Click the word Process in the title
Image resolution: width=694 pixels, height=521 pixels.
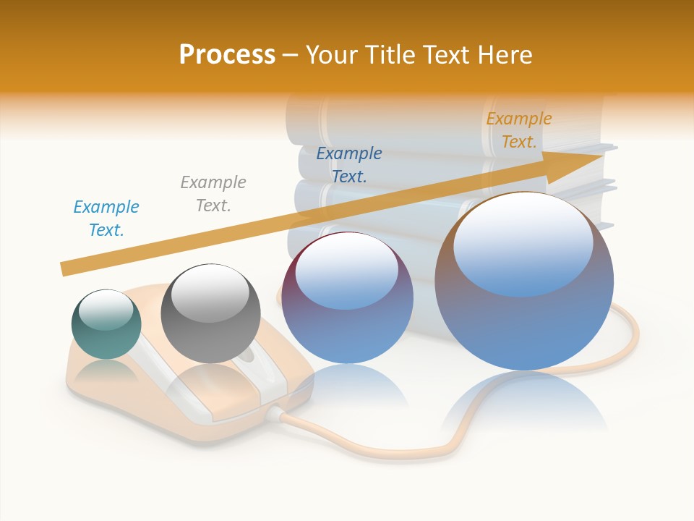[227, 55]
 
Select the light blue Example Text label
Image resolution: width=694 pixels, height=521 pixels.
[106, 219]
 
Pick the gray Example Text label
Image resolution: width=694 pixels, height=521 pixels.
[213, 194]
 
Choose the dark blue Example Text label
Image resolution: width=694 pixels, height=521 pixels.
[349, 165]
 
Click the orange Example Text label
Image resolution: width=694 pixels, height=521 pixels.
[519, 130]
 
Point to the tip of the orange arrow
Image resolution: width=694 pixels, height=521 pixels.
[601, 156]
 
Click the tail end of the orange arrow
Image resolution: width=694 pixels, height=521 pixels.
[64, 269]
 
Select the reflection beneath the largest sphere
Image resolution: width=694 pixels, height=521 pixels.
[524, 405]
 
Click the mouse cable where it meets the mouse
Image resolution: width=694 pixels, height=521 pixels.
[277, 414]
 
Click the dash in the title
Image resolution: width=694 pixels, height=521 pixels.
[290, 55]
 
